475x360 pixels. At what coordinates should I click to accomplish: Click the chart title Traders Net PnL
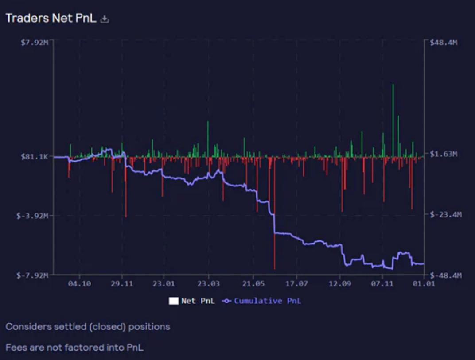[x=51, y=19]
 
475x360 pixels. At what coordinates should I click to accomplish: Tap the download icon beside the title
[x=105, y=19]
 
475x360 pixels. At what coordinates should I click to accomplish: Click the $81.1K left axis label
[x=37, y=156]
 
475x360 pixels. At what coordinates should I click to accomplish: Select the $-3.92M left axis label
[x=35, y=216]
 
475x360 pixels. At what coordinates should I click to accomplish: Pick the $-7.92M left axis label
[x=35, y=275]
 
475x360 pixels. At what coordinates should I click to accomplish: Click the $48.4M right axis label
[x=444, y=42]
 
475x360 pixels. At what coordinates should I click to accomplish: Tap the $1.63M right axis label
[x=444, y=154]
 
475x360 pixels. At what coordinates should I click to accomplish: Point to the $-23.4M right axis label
[x=445, y=214]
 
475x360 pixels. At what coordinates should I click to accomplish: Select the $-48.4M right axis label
[x=445, y=275]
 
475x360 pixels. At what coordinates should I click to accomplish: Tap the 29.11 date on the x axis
[x=122, y=283]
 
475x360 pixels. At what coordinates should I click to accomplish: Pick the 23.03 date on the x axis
[x=209, y=283]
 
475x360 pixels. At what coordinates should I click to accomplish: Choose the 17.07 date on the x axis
[x=296, y=283]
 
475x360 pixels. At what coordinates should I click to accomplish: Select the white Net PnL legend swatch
[x=173, y=301]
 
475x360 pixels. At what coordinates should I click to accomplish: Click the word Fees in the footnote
[x=16, y=348]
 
